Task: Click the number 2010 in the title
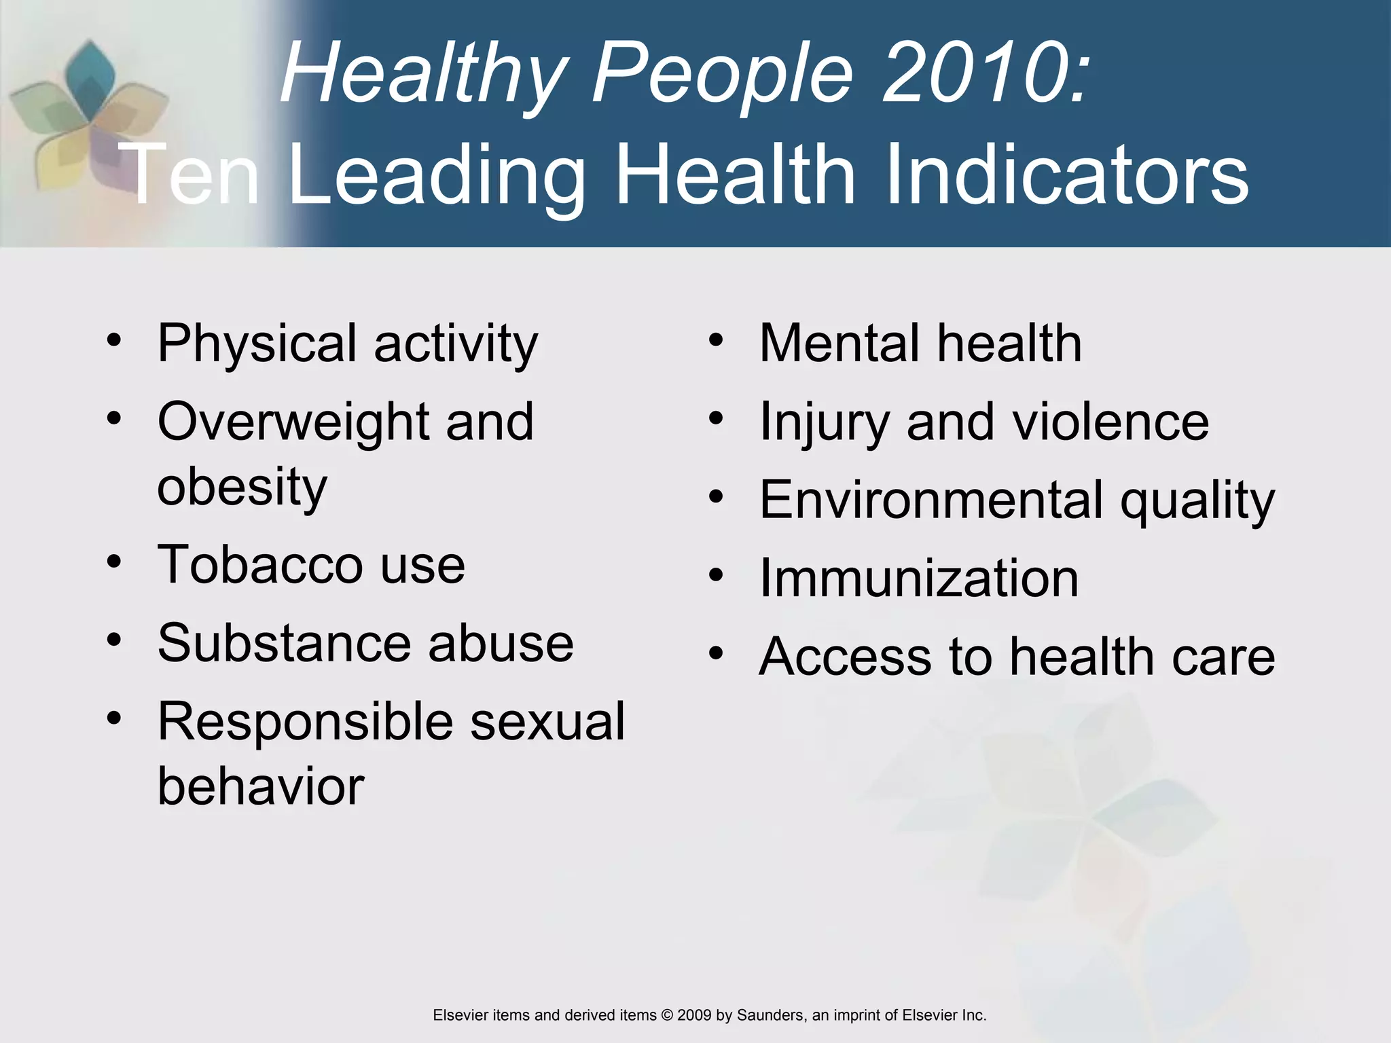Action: [x=982, y=73]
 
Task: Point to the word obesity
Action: [x=242, y=488]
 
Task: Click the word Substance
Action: [x=284, y=643]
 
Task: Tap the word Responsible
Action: [x=305, y=721]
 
